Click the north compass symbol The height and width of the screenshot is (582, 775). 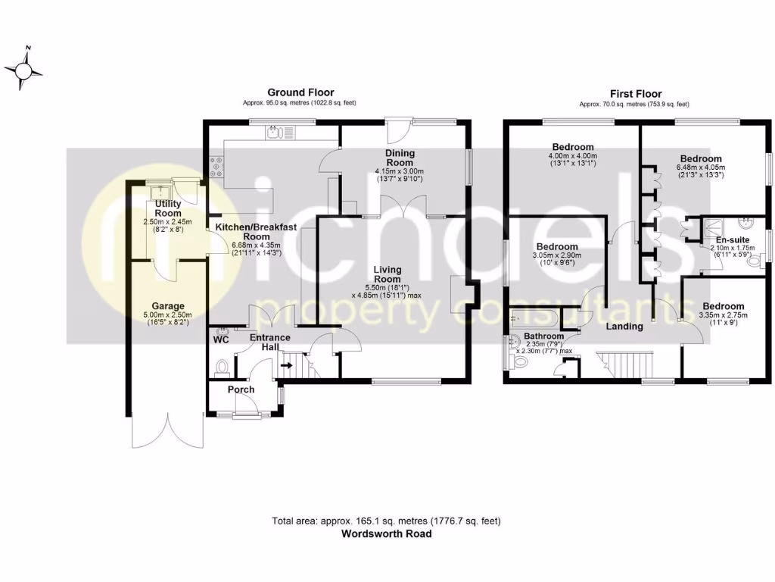(x=23, y=70)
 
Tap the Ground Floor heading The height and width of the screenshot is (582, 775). (x=300, y=92)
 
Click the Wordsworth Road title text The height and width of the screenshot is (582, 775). (x=386, y=533)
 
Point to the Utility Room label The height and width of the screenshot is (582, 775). (x=168, y=208)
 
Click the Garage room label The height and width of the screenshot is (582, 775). (x=167, y=306)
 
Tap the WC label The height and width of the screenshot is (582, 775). (x=222, y=340)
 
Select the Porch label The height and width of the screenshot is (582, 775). (x=241, y=390)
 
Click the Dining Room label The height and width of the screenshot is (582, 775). (x=400, y=158)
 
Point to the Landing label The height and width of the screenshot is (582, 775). (x=624, y=327)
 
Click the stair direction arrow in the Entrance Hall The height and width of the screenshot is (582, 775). (x=288, y=365)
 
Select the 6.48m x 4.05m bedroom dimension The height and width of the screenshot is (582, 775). (x=700, y=167)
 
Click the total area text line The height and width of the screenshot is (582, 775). (x=386, y=521)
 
